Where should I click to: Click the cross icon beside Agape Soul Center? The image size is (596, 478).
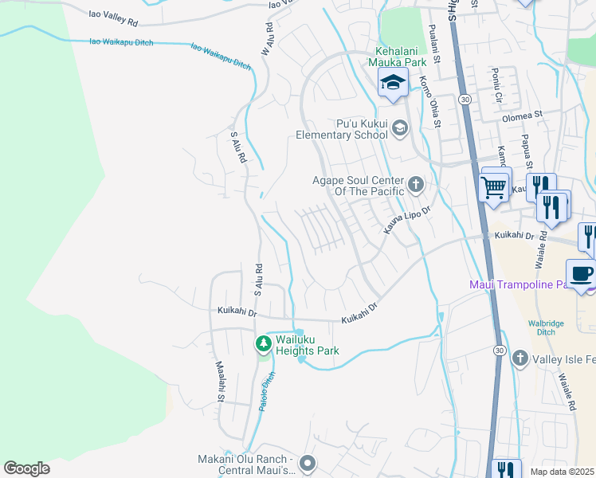[x=415, y=186]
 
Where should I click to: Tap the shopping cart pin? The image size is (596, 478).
[x=495, y=189]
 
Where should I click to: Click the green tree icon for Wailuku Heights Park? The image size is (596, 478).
[x=264, y=344]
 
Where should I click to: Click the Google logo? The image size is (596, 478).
[x=26, y=468]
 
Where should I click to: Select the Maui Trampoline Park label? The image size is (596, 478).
[x=518, y=284]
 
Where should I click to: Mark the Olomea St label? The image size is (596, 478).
[x=522, y=114]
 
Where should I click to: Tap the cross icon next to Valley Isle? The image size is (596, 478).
[x=520, y=358]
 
